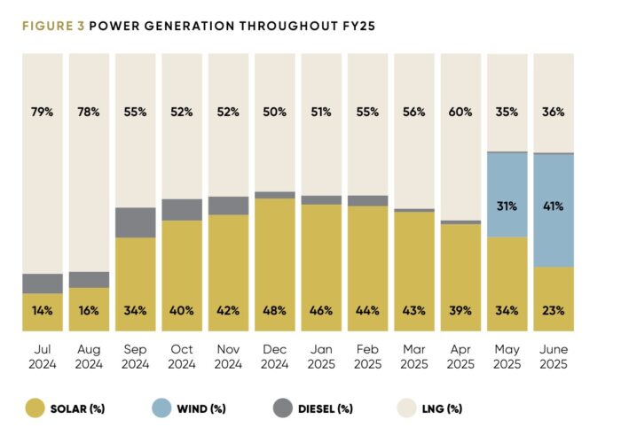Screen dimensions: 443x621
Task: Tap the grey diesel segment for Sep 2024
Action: click(136, 222)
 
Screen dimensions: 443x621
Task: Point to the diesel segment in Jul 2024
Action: click(43, 284)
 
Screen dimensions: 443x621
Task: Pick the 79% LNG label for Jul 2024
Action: click(43, 112)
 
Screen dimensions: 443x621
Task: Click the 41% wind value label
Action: click(553, 206)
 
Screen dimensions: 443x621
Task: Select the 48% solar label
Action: click(274, 311)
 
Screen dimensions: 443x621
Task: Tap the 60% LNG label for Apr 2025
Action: click(460, 112)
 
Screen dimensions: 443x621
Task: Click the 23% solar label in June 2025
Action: click(553, 311)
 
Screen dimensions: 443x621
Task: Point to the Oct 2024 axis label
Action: click(182, 357)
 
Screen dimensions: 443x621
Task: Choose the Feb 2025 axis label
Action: click(366, 357)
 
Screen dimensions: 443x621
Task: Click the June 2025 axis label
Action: click(553, 357)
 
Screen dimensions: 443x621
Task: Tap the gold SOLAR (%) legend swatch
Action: click(35, 408)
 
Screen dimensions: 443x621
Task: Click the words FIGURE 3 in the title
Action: click(52, 26)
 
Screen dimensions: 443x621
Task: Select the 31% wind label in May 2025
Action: click(507, 206)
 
